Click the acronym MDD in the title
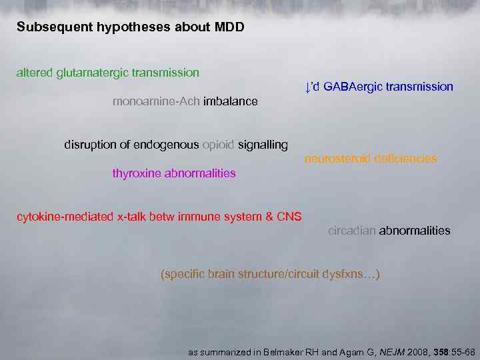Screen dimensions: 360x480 click(231, 28)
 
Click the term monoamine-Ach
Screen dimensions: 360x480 click(156, 101)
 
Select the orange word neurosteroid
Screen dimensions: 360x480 click(337, 159)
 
